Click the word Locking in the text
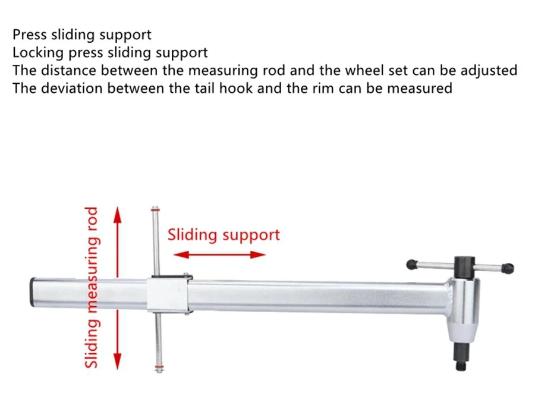click(x=38, y=52)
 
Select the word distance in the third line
click(x=66, y=70)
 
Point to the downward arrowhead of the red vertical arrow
click(x=117, y=362)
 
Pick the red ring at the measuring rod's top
click(x=155, y=209)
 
